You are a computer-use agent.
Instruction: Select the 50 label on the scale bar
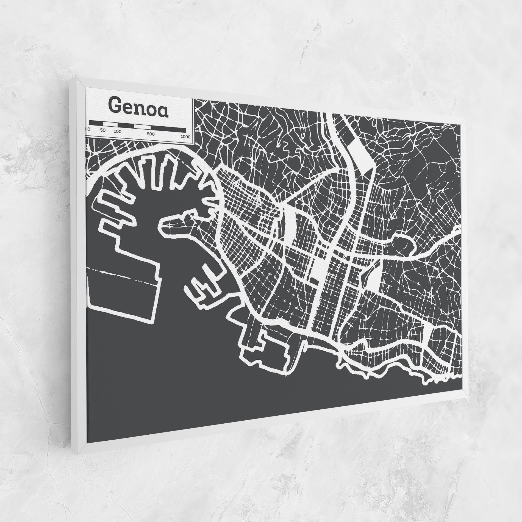(103, 130)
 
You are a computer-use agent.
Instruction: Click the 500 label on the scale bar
(151, 134)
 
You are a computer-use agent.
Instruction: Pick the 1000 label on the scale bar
(186, 137)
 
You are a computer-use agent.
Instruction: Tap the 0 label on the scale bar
(89, 129)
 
